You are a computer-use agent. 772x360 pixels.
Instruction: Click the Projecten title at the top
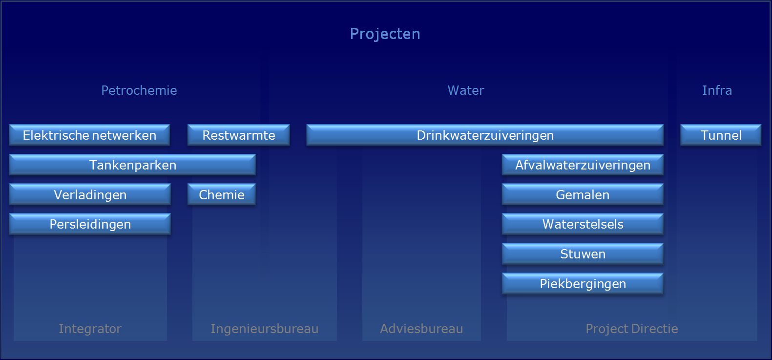click(x=385, y=34)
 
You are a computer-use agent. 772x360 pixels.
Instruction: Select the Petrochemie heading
click(x=139, y=90)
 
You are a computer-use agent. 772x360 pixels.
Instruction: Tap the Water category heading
click(x=466, y=90)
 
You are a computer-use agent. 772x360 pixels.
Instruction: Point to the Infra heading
click(x=717, y=90)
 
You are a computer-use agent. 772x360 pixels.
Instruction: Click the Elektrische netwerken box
click(x=90, y=135)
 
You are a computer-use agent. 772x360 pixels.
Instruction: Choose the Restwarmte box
click(x=238, y=135)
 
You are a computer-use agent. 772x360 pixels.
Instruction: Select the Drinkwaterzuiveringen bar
click(x=485, y=135)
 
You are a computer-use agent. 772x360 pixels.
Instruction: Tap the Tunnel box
click(x=721, y=135)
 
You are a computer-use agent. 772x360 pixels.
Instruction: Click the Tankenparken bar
click(x=132, y=165)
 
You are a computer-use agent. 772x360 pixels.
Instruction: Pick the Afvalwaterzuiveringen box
click(x=583, y=165)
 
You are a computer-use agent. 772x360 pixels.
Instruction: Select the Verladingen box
click(x=90, y=194)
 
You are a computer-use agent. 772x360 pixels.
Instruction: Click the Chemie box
click(x=222, y=194)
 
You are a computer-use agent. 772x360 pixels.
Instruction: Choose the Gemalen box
click(x=583, y=194)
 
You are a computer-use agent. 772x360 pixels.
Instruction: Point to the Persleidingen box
click(x=90, y=224)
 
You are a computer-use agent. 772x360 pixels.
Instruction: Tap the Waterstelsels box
click(x=583, y=224)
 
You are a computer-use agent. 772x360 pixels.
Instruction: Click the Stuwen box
click(x=583, y=254)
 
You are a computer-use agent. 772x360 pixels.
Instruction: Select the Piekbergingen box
click(x=583, y=283)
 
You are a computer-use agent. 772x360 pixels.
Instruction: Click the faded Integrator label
click(x=90, y=329)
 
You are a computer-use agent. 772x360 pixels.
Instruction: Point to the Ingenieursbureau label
click(x=264, y=329)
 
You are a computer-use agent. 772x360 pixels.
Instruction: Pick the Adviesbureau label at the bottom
click(x=421, y=329)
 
